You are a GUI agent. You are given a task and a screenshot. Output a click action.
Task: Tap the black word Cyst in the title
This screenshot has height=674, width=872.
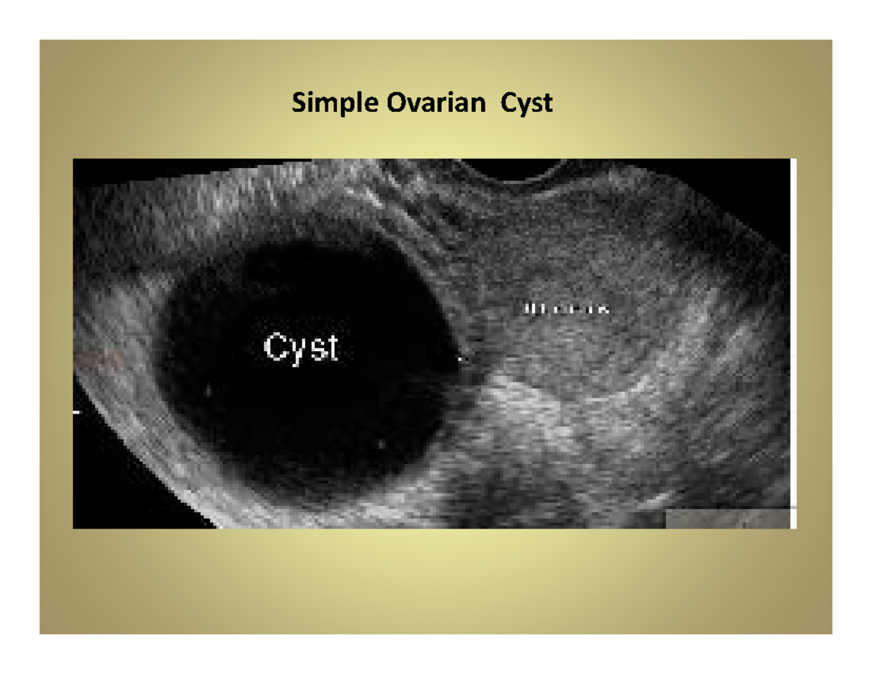[525, 105]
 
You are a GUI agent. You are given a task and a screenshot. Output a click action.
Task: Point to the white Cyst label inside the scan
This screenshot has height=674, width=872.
[301, 348]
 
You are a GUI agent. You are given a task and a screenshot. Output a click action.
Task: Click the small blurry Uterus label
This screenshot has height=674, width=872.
[565, 310]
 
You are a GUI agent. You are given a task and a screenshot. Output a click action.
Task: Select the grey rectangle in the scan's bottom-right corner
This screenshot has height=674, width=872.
[727, 518]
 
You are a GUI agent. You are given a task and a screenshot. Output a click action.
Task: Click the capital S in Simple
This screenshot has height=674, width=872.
[298, 104]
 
